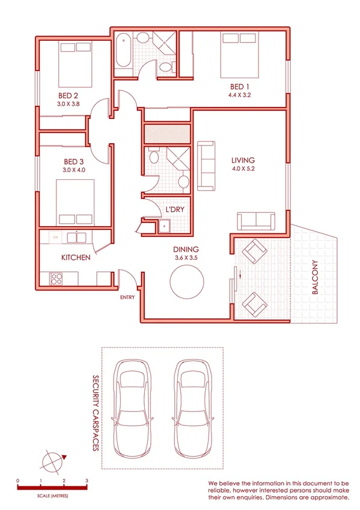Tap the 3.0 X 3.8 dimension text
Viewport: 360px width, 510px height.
[68, 103]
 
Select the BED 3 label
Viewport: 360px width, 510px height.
[74, 162]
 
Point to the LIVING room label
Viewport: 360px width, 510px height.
[243, 161]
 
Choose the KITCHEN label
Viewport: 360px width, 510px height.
[76, 257]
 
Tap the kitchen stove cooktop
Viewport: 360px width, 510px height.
[56, 278]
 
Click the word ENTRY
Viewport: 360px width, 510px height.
[127, 296]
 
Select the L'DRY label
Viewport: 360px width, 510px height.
[175, 209]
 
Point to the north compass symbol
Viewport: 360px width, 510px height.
[52, 462]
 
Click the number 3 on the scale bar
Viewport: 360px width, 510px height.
[87, 481]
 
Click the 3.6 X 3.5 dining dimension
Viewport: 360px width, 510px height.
[186, 257]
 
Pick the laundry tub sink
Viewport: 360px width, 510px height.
[163, 226]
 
